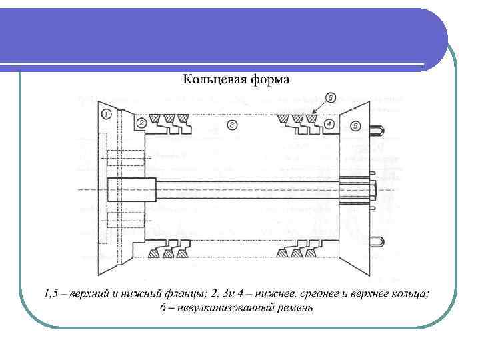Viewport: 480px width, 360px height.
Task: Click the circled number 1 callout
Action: point(107,114)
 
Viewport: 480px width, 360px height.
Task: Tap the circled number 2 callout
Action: point(142,123)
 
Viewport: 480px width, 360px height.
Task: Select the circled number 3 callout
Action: point(231,124)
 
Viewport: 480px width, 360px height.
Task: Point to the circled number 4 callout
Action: point(329,124)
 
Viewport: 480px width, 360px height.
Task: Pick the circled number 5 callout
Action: point(355,125)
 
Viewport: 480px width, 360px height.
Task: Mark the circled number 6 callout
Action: point(331,98)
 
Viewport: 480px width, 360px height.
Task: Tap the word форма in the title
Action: point(271,81)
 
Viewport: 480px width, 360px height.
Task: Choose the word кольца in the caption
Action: point(411,294)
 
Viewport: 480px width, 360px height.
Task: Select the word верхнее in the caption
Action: point(372,294)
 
